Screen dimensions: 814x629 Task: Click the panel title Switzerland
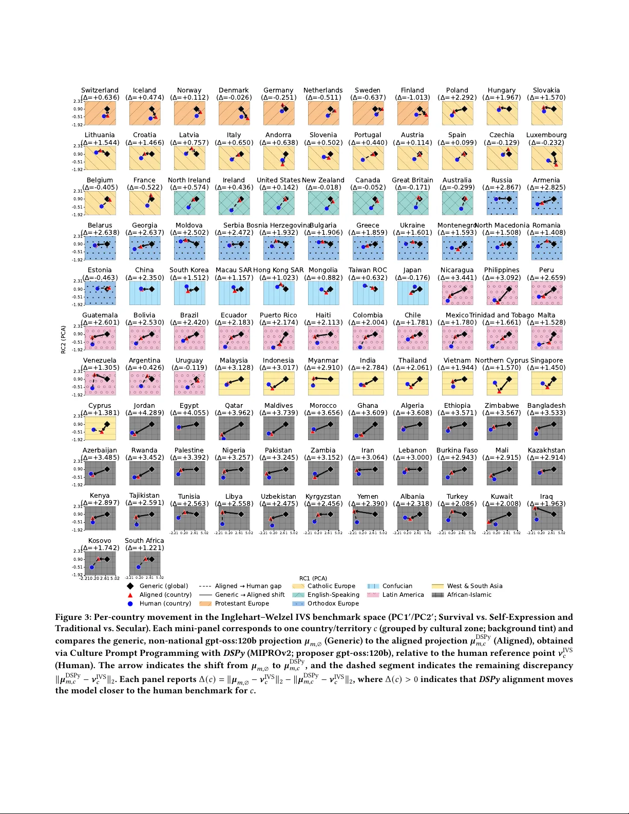[x=100, y=90]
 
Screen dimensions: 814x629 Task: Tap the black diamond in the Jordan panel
[x=151, y=424]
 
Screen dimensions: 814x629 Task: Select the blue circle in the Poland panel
[x=452, y=115]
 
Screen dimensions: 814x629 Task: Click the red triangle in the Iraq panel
[x=536, y=508]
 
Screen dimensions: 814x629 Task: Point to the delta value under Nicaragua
[x=457, y=277]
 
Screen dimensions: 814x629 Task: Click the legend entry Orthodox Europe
[x=333, y=603]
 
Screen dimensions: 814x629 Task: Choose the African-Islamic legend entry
[x=469, y=595]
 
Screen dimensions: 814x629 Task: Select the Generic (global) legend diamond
[x=130, y=586]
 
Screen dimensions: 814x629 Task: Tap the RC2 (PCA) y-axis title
[x=64, y=339]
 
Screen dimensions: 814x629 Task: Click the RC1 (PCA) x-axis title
[x=313, y=578]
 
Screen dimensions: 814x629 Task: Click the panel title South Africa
[x=144, y=540]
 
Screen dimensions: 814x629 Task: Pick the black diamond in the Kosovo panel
[x=107, y=559]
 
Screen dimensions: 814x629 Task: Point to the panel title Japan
[x=412, y=270]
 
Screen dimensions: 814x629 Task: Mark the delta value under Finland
[x=412, y=97]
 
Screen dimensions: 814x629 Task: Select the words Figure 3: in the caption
[x=72, y=617]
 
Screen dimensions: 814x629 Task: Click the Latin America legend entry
[x=403, y=595]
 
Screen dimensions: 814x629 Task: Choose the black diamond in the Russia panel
[x=509, y=199]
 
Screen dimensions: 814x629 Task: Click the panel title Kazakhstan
[x=546, y=450]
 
